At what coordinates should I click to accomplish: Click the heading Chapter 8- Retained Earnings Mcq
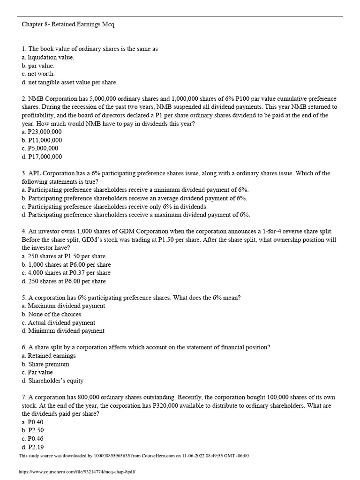(68, 25)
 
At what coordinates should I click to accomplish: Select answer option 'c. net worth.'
(38, 74)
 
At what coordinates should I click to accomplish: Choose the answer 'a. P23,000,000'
(42, 132)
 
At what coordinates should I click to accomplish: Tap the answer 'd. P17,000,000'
(42, 157)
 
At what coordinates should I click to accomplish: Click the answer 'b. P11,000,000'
(42, 140)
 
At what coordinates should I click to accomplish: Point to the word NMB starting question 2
(36, 99)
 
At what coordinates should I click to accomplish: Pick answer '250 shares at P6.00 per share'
(64, 281)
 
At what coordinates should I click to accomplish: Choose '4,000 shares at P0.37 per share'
(66, 273)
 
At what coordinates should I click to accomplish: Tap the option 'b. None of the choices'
(52, 315)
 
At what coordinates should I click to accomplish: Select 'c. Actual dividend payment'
(58, 322)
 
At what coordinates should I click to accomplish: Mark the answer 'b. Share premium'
(45, 364)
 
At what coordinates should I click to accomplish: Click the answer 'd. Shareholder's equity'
(52, 381)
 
